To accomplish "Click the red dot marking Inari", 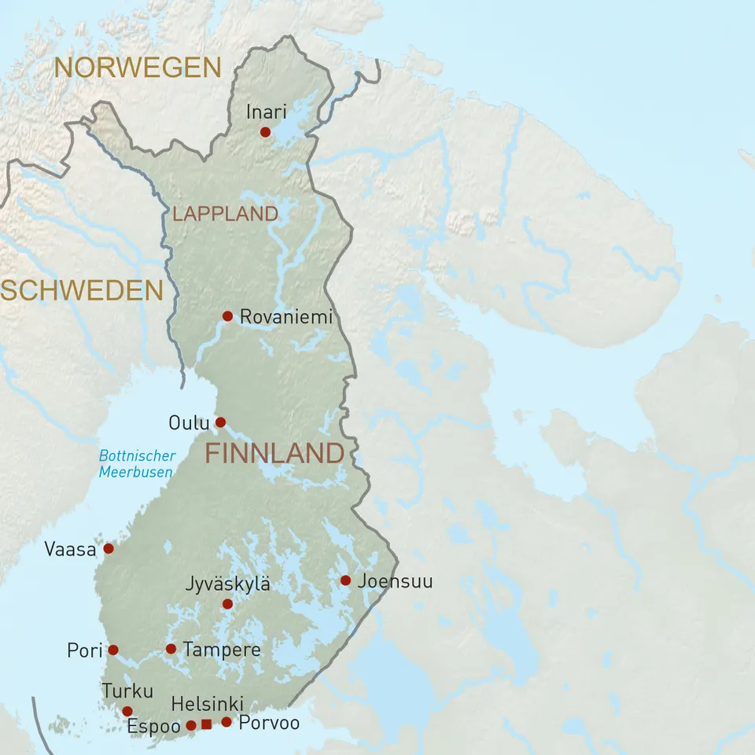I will pyautogui.click(x=265, y=132).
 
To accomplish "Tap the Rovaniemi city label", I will pyautogui.click(x=285, y=317).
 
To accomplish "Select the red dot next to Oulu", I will pyautogui.click(x=221, y=422).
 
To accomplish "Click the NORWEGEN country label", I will pyautogui.click(x=137, y=68).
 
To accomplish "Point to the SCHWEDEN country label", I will pyautogui.click(x=81, y=291).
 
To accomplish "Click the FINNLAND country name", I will pyautogui.click(x=274, y=454).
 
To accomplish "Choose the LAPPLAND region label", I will pyautogui.click(x=225, y=214).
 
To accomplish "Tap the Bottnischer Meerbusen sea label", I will pyautogui.click(x=137, y=464).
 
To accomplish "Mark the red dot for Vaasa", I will pyautogui.click(x=109, y=548).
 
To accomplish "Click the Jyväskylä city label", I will pyautogui.click(x=227, y=584).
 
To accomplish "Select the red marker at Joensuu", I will pyautogui.click(x=345, y=580).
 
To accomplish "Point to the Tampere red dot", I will pyautogui.click(x=171, y=649).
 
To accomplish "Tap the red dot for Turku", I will pyautogui.click(x=127, y=711).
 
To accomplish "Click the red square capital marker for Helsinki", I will pyautogui.click(x=206, y=724).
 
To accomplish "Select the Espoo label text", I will pyautogui.click(x=153, y=726).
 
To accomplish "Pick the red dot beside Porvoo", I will pyautogui.click(x=226, y=722).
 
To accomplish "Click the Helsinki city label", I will pyautogui.click(x=207, y=704).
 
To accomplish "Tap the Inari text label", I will pyautogui.click(x=266, y=112).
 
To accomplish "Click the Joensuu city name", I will pyautogui.click(x=395, y=582).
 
